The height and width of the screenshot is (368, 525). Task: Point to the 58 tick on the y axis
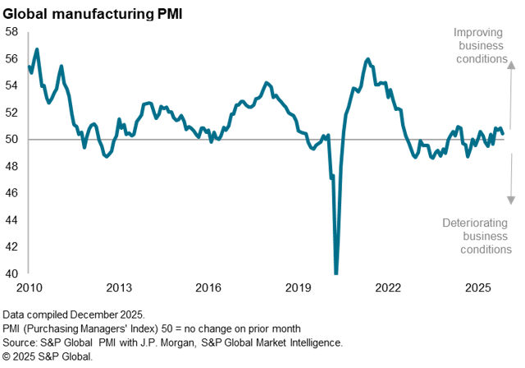11,32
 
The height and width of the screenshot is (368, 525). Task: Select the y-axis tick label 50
11,140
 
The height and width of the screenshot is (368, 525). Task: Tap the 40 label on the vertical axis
11,274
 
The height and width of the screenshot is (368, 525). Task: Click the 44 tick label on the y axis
11,220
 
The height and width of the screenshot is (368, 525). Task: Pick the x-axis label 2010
29,288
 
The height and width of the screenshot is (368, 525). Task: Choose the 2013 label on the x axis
119,288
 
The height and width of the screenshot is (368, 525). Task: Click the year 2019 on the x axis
298,288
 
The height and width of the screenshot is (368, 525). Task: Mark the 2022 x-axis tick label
388,288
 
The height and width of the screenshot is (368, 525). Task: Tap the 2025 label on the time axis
477,288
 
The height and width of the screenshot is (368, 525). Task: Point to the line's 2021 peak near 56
368,59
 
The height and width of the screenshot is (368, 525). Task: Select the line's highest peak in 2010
37,49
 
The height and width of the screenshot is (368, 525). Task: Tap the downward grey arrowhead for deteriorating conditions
510,200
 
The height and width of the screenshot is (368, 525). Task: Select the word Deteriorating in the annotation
476,223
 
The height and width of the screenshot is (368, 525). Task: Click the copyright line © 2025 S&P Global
48,356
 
